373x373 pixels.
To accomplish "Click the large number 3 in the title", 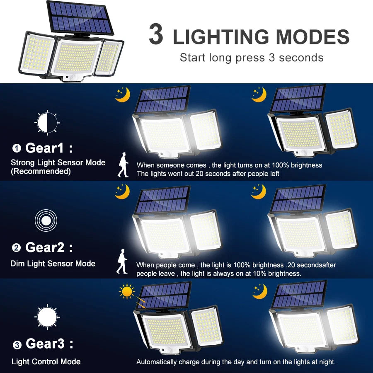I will point(156,35).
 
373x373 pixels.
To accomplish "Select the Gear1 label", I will point(45,148).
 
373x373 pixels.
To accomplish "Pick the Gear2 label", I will point(45,247).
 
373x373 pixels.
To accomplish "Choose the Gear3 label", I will point(45,344).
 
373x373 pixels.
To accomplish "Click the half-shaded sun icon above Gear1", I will point(47,122).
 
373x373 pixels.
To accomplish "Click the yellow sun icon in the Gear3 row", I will point(127,291).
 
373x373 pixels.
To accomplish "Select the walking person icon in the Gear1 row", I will point(123,165).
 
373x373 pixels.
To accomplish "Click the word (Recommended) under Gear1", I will point(41,172).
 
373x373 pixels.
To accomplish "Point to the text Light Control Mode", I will point(46,362).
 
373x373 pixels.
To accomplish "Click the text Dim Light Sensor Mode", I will point(53,264).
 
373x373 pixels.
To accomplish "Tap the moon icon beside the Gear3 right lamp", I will point(259,291).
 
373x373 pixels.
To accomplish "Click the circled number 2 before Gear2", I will point(16,248).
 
